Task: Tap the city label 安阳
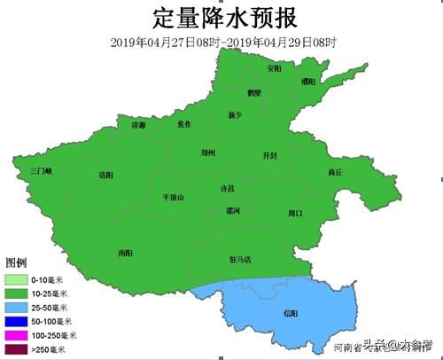tap(275, 68)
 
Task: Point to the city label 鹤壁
tap(254, 92)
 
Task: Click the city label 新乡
tap(235, 115)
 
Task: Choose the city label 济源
tap(138, 126)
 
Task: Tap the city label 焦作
tap(183, 124)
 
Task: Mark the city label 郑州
tap(209, 153)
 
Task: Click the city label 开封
tap(270, 155)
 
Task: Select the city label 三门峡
tap(41, 169)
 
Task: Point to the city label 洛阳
tap(106, 175)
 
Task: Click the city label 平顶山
tap(173, 198)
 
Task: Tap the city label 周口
tap(296, 213)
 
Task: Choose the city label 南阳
tap(125, 253)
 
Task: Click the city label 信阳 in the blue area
tap(291, 313)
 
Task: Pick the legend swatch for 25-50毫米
tap(16, 307)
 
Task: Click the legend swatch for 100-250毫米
tap(16, 336)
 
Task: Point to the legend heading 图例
tap(17, 263)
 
